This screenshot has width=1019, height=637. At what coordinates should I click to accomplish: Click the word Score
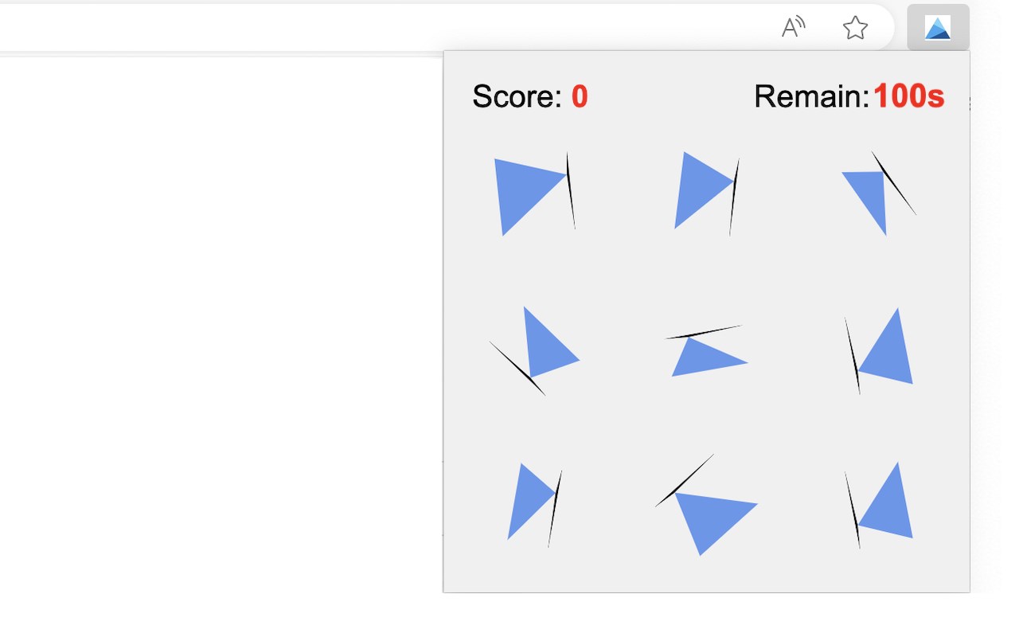click(517, 96)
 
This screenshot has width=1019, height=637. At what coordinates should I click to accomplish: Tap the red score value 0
click(580, 96)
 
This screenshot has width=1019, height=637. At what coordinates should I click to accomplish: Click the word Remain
click(811, 96)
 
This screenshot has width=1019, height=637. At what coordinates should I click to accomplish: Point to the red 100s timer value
click(909, 96)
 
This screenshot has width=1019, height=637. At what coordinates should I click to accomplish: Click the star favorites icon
click(855, 28)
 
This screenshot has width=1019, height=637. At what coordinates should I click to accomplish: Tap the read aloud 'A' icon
click(793, 27)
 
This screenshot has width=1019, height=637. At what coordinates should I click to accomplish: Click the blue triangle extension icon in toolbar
click(938, 27)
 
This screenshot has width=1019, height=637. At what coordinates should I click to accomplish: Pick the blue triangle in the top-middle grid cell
click(698, 189)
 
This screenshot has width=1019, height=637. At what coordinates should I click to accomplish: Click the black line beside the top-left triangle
click(571, 190)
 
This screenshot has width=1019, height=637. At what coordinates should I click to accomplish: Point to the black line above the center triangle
click(704, 332)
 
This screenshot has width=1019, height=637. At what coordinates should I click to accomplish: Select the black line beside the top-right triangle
click(894, 183)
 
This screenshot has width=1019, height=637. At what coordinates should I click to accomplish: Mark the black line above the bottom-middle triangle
click(685, 480)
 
